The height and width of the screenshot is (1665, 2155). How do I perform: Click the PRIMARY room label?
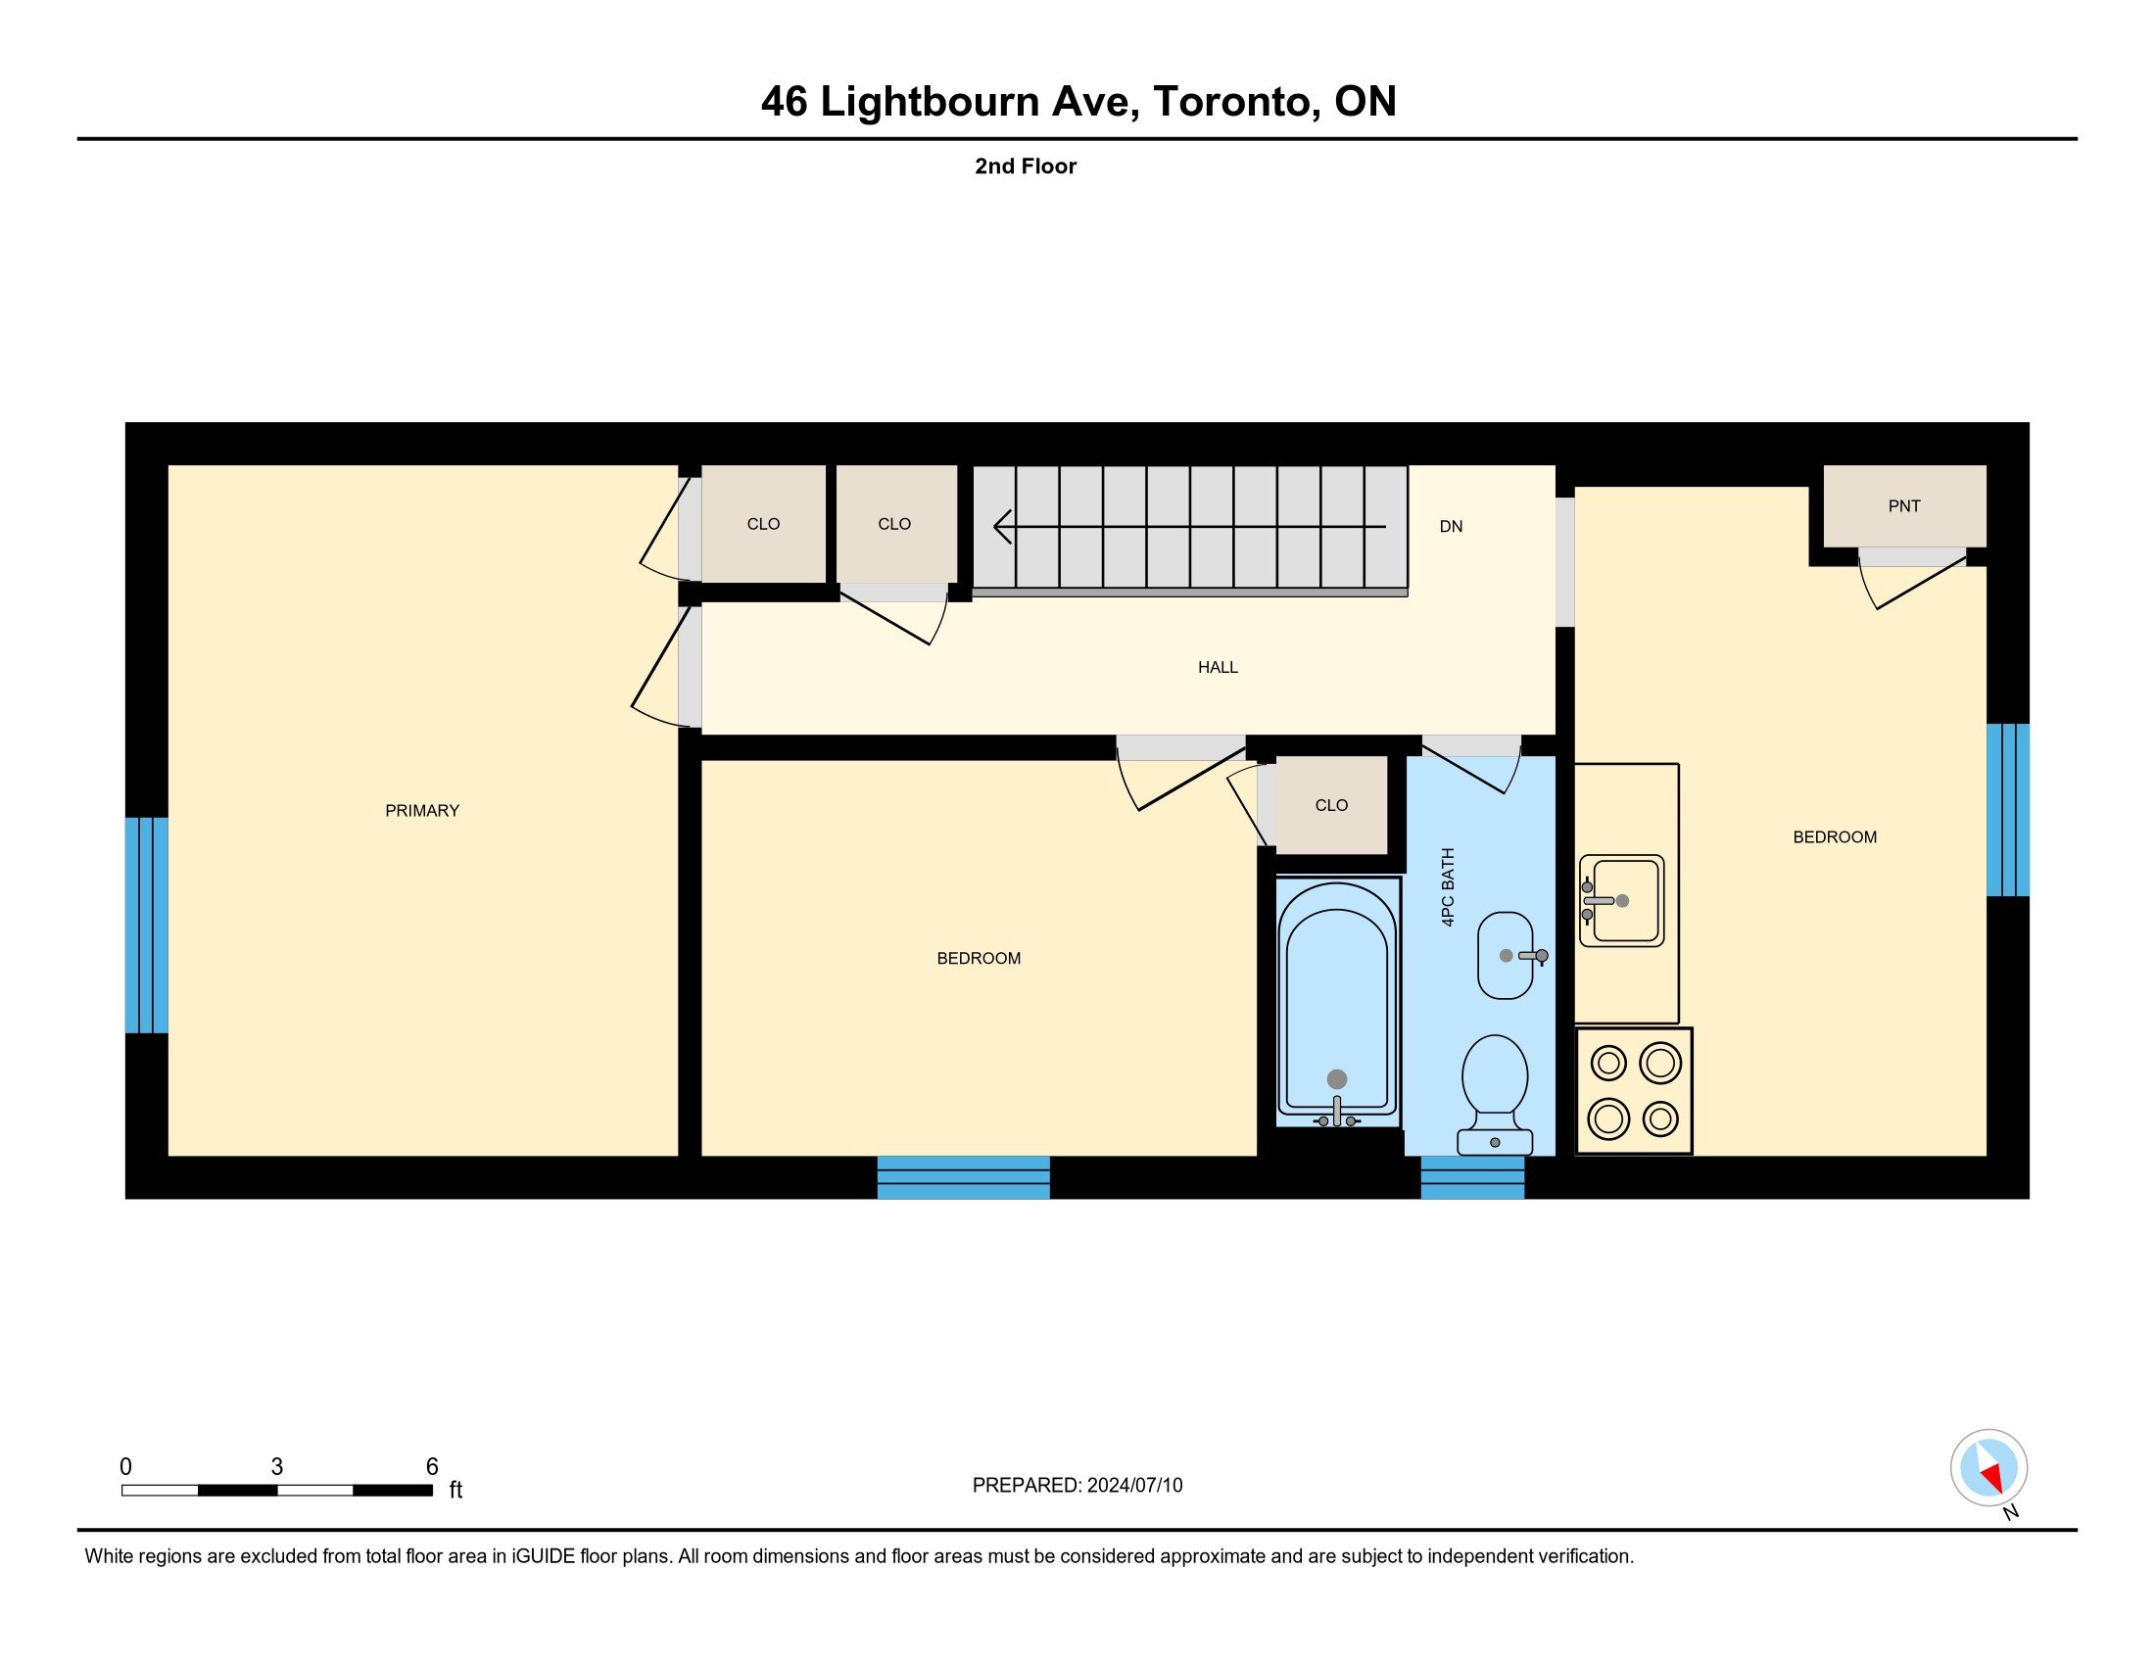[x=422, y=811]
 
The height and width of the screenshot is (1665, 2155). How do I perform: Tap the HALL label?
[x=1218, y=668]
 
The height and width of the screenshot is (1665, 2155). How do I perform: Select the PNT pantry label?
[x=1904, y=506]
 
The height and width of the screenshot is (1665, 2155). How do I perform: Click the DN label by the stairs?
[x=1451, y=527]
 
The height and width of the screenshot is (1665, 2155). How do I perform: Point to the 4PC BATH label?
[x=1448, y=886]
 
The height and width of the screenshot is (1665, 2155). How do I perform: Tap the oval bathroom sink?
[x=1507, y=956]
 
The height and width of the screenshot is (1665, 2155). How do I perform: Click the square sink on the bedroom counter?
[x=1621, y=900]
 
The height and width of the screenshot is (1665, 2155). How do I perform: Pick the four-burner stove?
[x=1634, y=1092]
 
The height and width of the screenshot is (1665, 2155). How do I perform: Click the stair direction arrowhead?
[x=1001, y=527]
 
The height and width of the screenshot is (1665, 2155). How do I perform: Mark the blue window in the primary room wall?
[x=146, y=926]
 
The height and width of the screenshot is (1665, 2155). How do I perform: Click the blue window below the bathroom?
[x=1472, y=1177]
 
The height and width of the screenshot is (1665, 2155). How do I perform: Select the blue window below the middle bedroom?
[x=963, y=1177]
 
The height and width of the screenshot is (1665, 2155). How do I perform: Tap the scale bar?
[x=277, y=1491]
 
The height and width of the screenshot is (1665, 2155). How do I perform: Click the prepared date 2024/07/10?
[x=1134, y=1486]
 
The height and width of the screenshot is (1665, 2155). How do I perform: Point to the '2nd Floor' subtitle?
[x=1026, y=166]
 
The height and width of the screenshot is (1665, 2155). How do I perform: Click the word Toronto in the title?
[x=1237, y=102]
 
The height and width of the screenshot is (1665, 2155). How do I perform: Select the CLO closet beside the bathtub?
[x=1331, y=806]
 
